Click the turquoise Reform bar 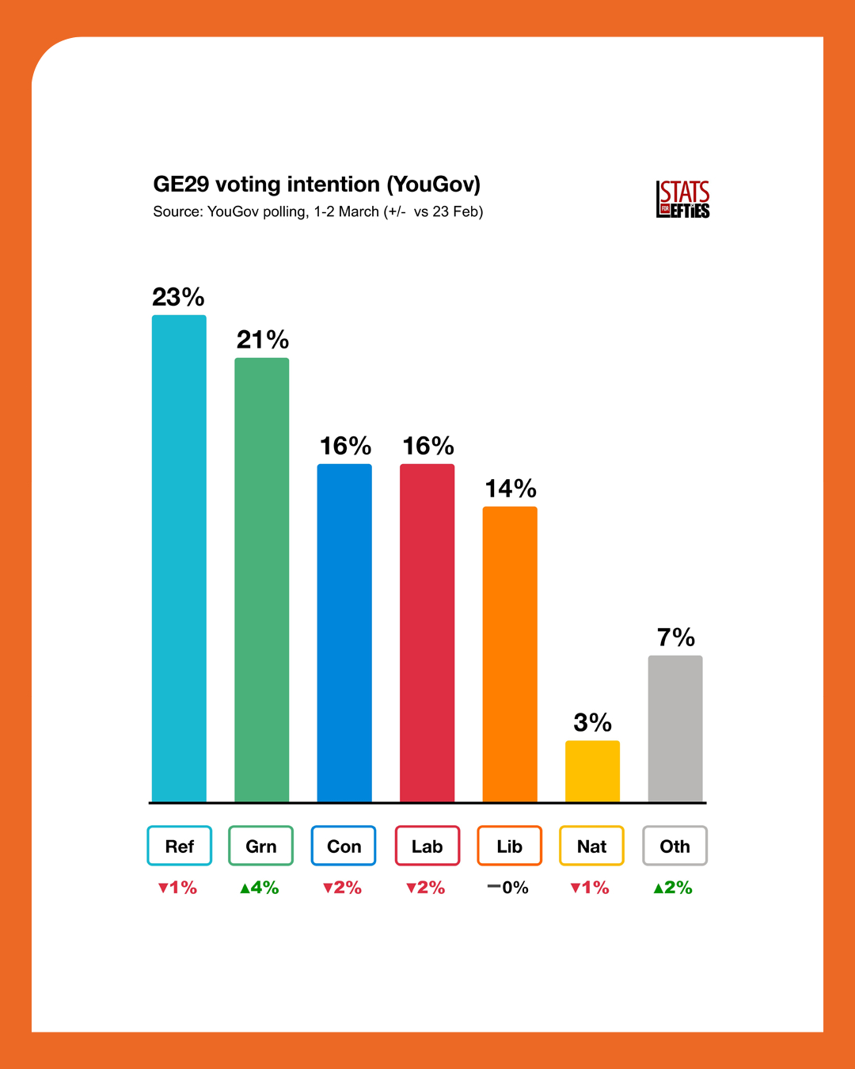(179, 558)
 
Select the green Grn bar (261, 580)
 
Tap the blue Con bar (344, 633)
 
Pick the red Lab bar (427, 633)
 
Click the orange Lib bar (510, 654)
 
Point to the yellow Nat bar (592, 771)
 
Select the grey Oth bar (675, 729)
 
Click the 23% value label (178, 297)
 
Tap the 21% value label (263, 340)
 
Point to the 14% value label (511, 489)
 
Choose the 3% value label (592, 722)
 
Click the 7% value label (676, 637)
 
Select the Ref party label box (180, 846)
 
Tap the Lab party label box (427, 846)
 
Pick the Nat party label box (592, 846)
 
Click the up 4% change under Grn (260, 888)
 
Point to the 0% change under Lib (508, 888)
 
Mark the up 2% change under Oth (673, 888)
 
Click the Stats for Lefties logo (682, 200)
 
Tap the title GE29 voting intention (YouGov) (317, 185)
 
